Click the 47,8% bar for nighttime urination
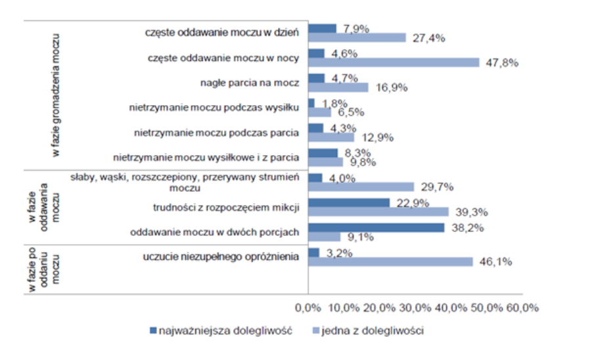[394, 62]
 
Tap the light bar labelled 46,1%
[390, 261]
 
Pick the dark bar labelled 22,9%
[349, 202]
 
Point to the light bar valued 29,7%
[361, 187]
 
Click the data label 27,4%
[430, 38]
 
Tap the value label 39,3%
[472, 212]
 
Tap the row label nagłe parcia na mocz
[250, 83]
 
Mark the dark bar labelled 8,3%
[323, 153]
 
